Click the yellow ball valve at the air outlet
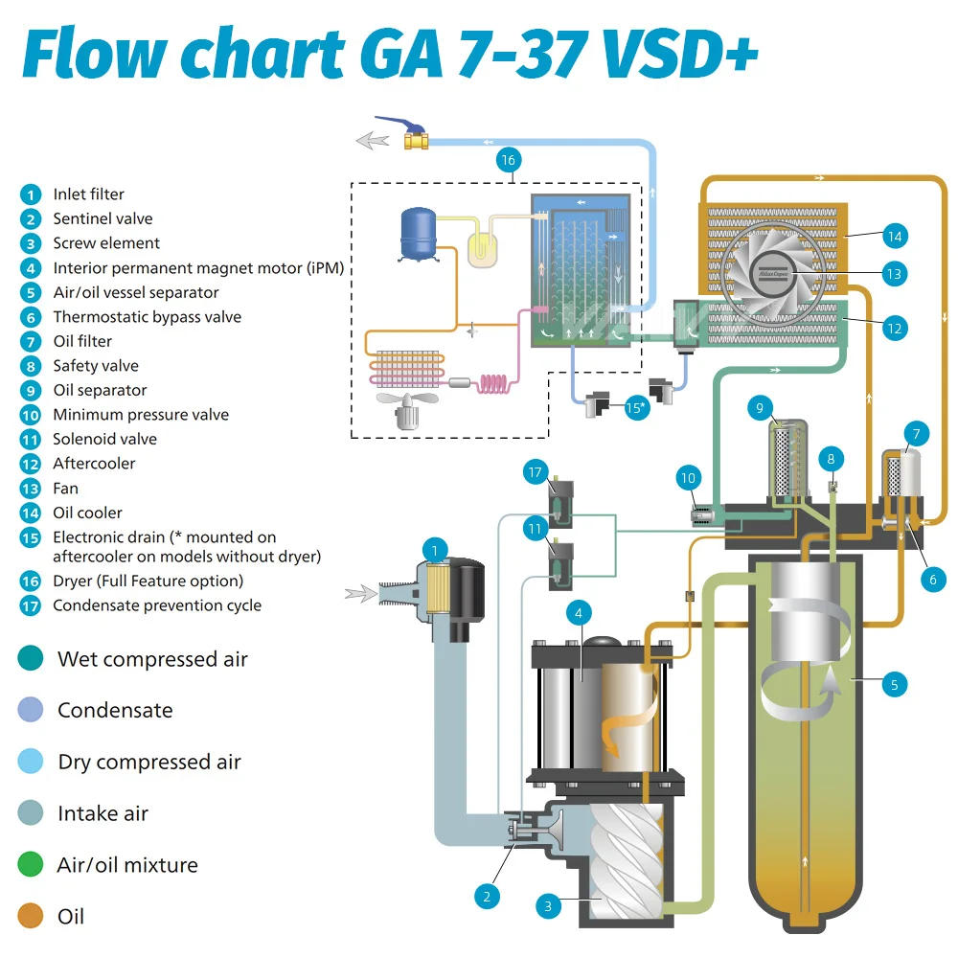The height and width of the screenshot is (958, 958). pyautogui.click(x=416, y=141)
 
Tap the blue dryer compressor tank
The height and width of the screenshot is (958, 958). pyautogui.click(x=418, y=234)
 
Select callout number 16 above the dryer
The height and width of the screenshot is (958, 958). pyautogui.click(x=509, y=161)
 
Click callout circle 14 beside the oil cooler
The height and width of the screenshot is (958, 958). pyautogui.click(x=895, y=237)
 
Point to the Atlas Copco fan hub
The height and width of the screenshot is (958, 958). pyautogui.click(x=773, y=274)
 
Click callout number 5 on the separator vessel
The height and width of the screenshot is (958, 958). pyautogui.click(x=895, y=685)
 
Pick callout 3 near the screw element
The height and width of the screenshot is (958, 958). pyautogui.click(x=548, y=906)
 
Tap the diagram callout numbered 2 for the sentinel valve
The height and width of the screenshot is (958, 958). pyautogui.click(x=487, y=897)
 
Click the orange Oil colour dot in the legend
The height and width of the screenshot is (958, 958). pyautogui.click(x=31, y=916)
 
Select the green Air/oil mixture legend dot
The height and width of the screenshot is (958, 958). pyautogui.click(x=31, y=864)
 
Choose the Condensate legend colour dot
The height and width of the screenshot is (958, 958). pyautogui.click(x=31, y=710)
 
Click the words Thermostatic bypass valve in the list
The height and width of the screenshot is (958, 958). pyautogui.click(x=148, y=317)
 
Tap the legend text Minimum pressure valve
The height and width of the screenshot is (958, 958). pyautogui.click(x=141, y=415)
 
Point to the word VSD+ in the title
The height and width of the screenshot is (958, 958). pyautogui.click(x=680, y=54)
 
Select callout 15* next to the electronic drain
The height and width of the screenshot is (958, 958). pyautogui.click(x=636, y=407)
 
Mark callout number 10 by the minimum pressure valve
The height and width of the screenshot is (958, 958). pyautogui.click(x=689, y=478)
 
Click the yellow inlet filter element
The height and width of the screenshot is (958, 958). pyautogui.click(x=436, y=589)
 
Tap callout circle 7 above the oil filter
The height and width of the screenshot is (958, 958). pyautogui.click(x=917, y=434)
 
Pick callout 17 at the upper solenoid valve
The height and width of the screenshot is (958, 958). pyautogui.click(x=536, y=472)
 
